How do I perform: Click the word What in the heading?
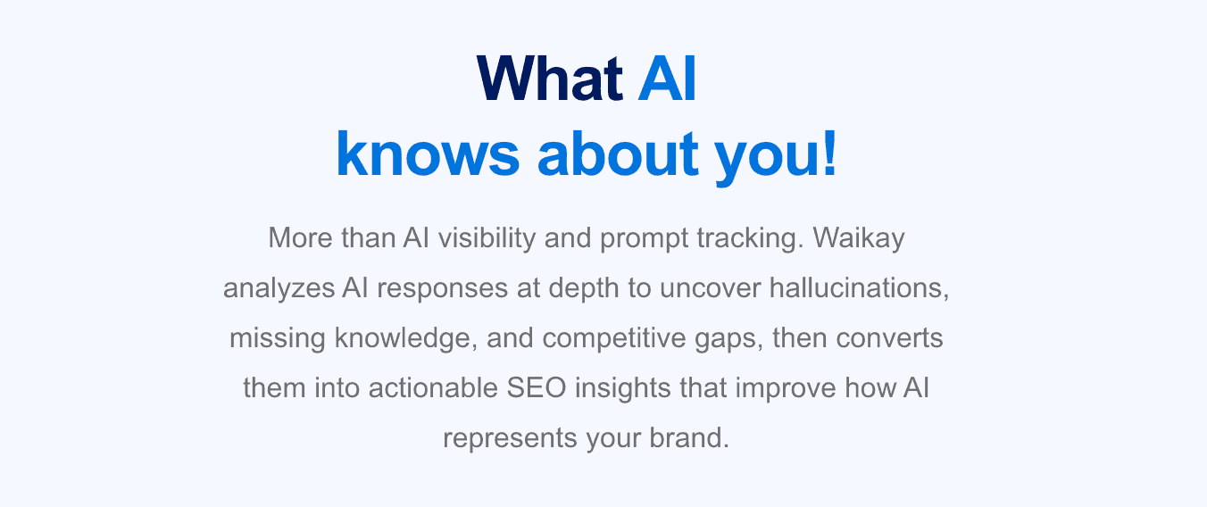click(x=550, y=79)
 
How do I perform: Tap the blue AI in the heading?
click(x=667, y=79)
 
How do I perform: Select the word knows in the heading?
click(x=428, y=154)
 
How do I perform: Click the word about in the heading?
click(x=618, y=154)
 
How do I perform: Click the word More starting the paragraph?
click(x=300, y=237)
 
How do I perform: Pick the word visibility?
click(x=487, y=238)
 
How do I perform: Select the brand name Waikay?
click(x=859, y=238)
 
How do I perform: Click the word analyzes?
click(x=279, y=288)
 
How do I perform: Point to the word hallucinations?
click(x=859, y=287)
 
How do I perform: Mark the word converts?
click(x=889, y=338)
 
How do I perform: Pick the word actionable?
click(x=433, y=388)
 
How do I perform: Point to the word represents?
click(x=510, y=438)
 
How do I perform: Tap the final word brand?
click(x=689, y=437)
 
